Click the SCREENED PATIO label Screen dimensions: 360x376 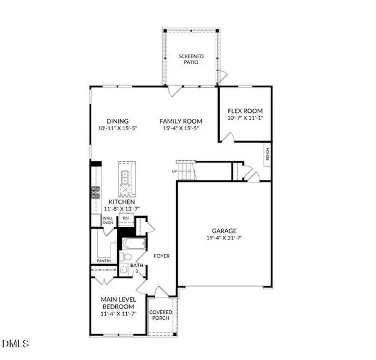[x=192, y=59]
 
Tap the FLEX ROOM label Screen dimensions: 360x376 [x=244, y=111]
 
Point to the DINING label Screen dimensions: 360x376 [x=118, y=121]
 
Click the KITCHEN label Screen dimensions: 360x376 [x=121, y=203]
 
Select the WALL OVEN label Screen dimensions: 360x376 [x=108, y=221]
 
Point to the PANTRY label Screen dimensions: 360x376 [x=105, y=261]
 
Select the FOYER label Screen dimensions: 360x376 [x=161, y=256]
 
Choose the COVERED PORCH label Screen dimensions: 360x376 [x=161, y=316]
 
